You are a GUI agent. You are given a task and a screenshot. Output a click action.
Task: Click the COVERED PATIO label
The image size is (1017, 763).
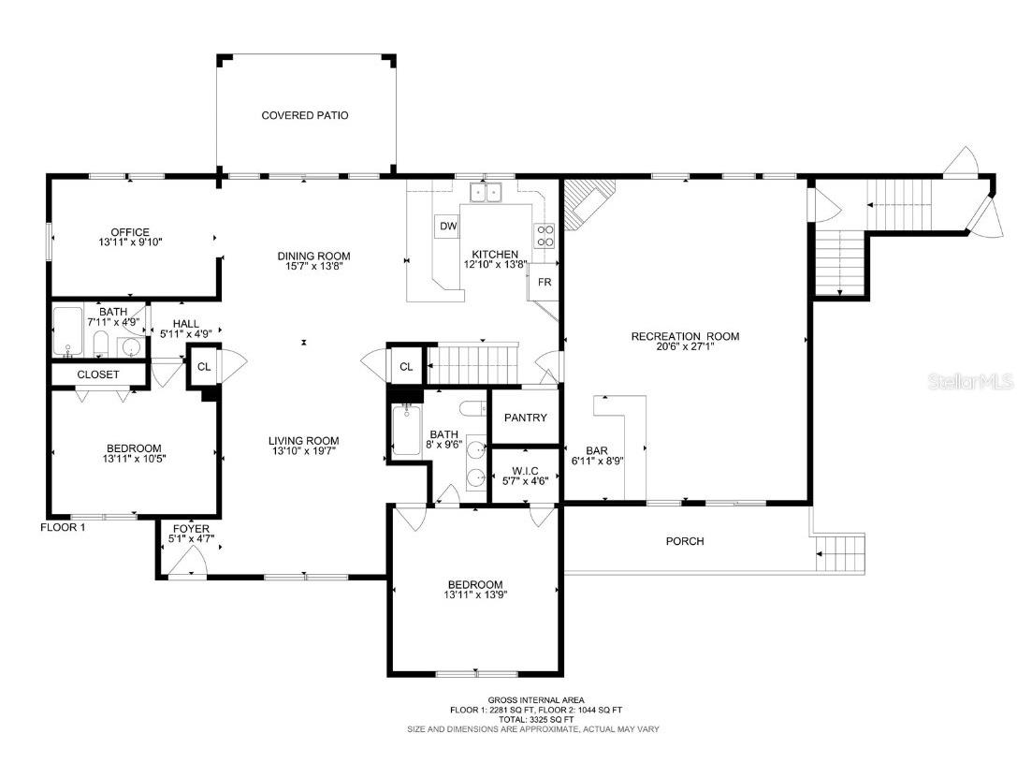(304, 116)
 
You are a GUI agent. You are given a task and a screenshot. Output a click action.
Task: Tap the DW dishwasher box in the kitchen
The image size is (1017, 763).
(447, 227)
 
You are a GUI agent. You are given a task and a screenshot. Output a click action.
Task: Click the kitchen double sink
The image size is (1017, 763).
(487, 193)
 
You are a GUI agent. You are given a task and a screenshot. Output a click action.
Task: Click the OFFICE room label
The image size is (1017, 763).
(130, 232)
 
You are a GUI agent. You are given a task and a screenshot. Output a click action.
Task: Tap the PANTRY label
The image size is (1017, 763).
(525, 418)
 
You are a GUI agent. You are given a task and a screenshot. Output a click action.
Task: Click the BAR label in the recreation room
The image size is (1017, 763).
(597, 449)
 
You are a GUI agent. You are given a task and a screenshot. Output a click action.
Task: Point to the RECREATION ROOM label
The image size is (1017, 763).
(685, 336)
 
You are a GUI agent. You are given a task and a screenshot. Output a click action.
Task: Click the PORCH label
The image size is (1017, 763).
(684, 541)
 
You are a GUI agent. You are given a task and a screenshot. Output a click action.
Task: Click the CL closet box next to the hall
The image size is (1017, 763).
(203, 367)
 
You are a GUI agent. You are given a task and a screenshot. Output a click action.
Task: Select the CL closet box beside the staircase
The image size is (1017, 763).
(406, 366)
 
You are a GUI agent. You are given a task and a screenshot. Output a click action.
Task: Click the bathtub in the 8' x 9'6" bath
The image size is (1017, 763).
(406, 431)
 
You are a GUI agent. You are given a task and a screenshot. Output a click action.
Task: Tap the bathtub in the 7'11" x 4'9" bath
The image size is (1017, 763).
(66, 331)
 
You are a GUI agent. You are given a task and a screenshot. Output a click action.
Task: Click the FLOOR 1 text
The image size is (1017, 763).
(63, 527)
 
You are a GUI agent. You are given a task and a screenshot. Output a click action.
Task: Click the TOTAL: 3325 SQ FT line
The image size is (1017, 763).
(536, 719)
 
